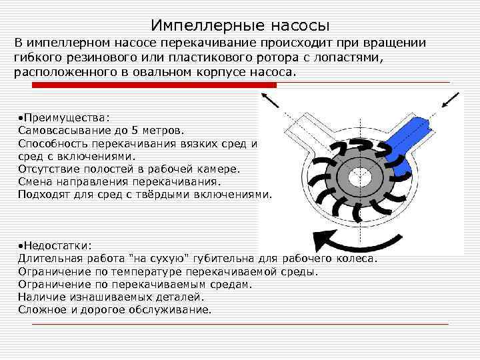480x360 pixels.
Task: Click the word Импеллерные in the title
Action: click(207, 26)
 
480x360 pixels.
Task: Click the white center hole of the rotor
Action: click(360, 177)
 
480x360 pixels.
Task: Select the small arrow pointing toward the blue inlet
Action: click(450, 100)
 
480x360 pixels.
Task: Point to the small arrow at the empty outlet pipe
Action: click(270, 101)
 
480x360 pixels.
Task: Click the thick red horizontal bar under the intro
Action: click(154, 85)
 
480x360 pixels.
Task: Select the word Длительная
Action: click(51, 259)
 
